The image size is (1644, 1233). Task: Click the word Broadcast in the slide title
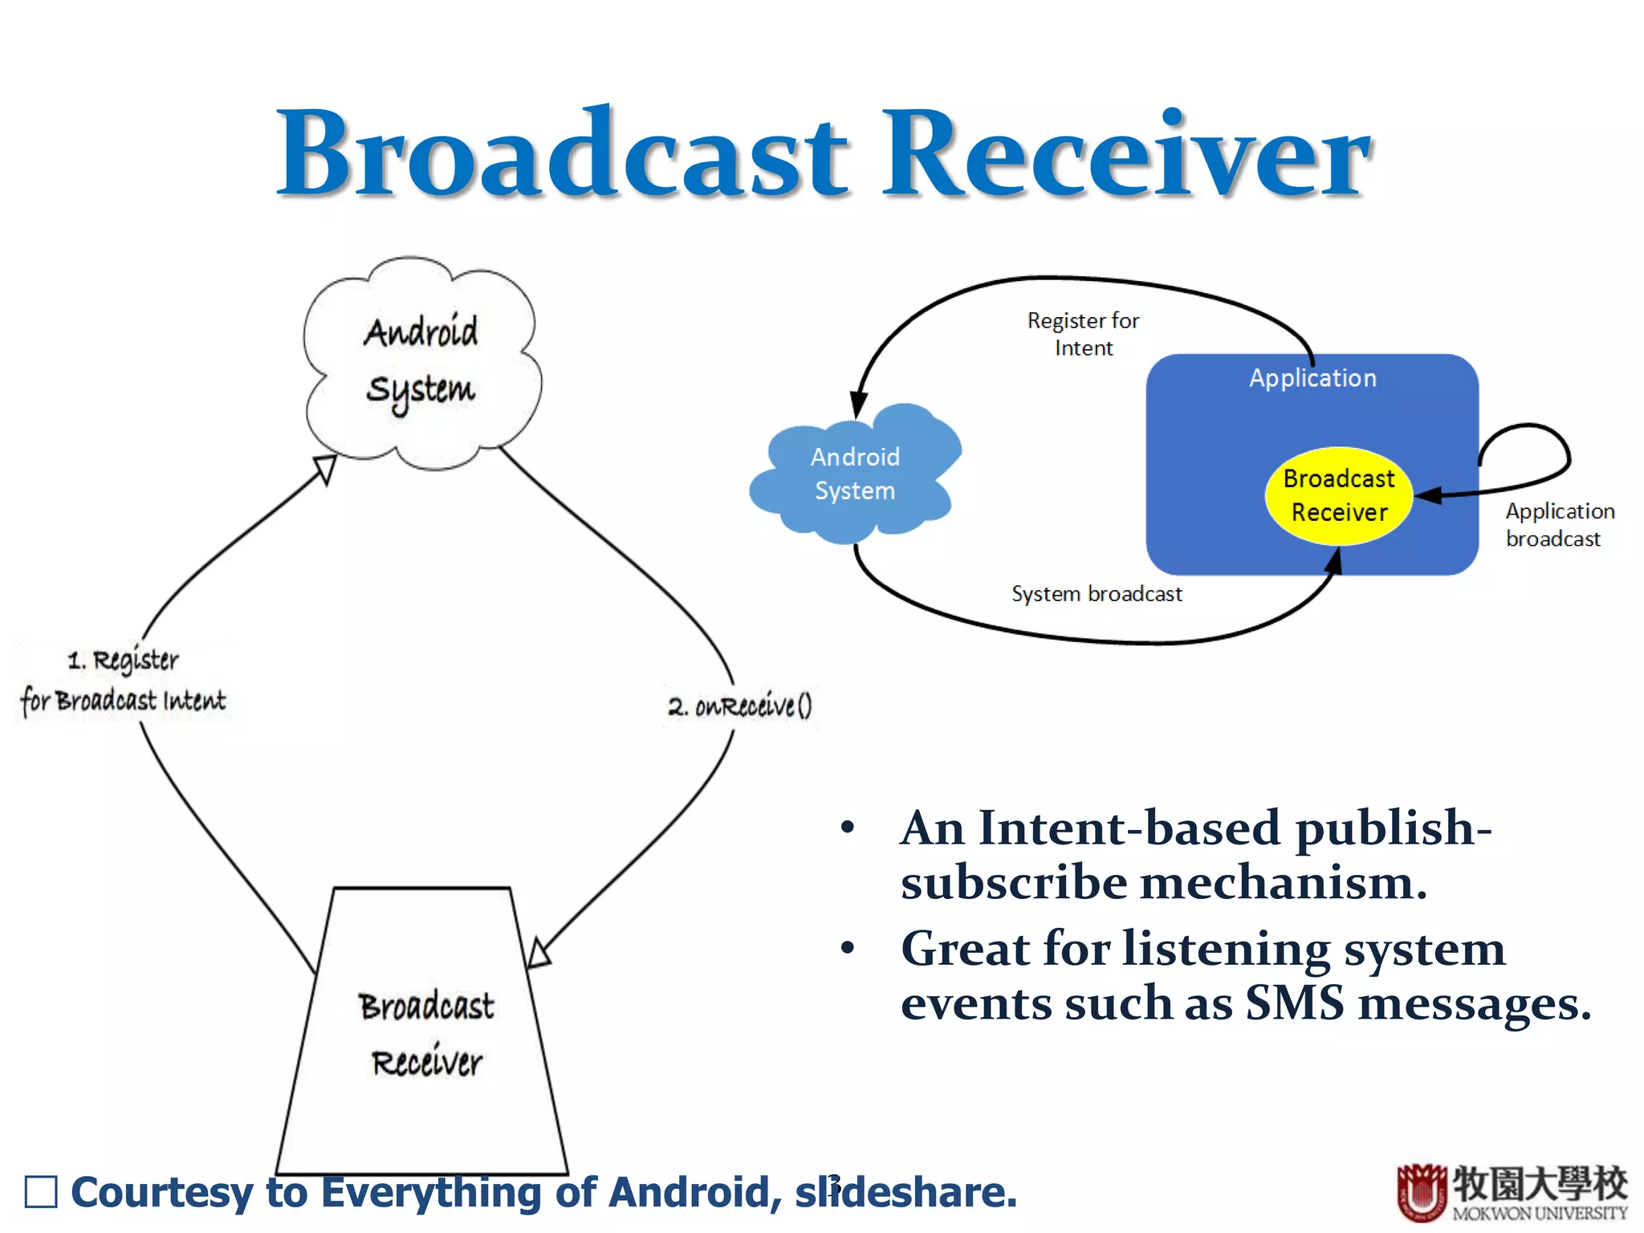tap(562, 154)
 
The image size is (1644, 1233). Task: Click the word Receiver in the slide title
tap(1126, 154)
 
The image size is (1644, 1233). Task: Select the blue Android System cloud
tap(854, 474)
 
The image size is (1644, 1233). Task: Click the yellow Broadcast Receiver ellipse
tap(1338, 495)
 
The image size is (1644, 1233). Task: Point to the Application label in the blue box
tap(1312, 378)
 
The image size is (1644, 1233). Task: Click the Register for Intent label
tap(1083, 334)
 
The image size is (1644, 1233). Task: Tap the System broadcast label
tap(1097, 594)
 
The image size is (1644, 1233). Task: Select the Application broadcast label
tap(1558, 525)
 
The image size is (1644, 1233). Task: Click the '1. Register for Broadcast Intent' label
tap(124, 681)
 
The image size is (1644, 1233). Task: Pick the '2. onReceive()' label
tap(739, 706)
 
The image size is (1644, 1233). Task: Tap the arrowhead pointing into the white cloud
tap(325, 468)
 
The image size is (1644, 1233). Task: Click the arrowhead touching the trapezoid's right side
tap(538, 954)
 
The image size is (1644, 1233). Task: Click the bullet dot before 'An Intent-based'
tap(847, 828)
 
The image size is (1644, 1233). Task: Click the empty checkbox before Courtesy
tap(41, 1192)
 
